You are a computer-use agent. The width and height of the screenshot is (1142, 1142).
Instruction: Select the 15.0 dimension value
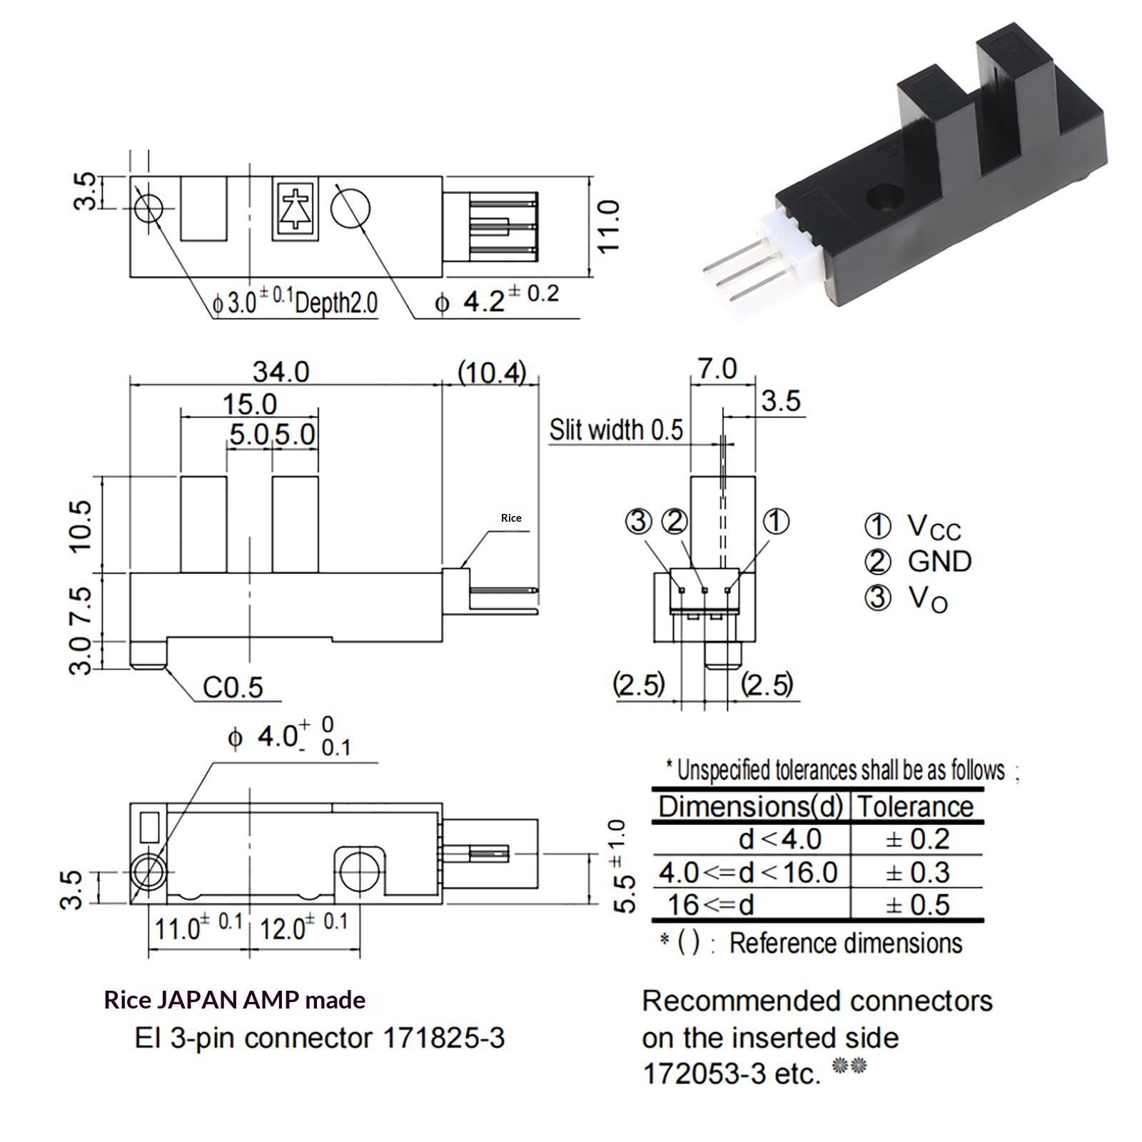(x=249, y=405)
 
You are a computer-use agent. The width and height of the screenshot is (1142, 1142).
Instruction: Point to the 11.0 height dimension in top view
(x=609, y=226)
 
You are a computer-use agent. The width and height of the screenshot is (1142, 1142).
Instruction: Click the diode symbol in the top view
(x=294, y=208)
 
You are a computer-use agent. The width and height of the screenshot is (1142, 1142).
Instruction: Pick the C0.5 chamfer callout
(x=233, y=687)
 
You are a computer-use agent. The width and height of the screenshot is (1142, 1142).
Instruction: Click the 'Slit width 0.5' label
(x=616, y=430)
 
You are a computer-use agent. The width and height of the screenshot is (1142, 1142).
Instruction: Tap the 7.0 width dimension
(x=717, y=369)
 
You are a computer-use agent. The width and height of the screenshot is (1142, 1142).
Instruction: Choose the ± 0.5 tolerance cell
(x=917, y=905)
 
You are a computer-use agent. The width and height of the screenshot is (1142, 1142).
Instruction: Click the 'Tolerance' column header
(x=916, y=807)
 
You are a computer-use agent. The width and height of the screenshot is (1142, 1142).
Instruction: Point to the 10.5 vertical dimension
(x=82, y=525)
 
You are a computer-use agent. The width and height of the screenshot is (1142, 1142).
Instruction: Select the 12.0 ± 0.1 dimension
(x=303, y=927)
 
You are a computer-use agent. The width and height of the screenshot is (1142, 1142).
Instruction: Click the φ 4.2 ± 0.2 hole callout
(x=497, y=300)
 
